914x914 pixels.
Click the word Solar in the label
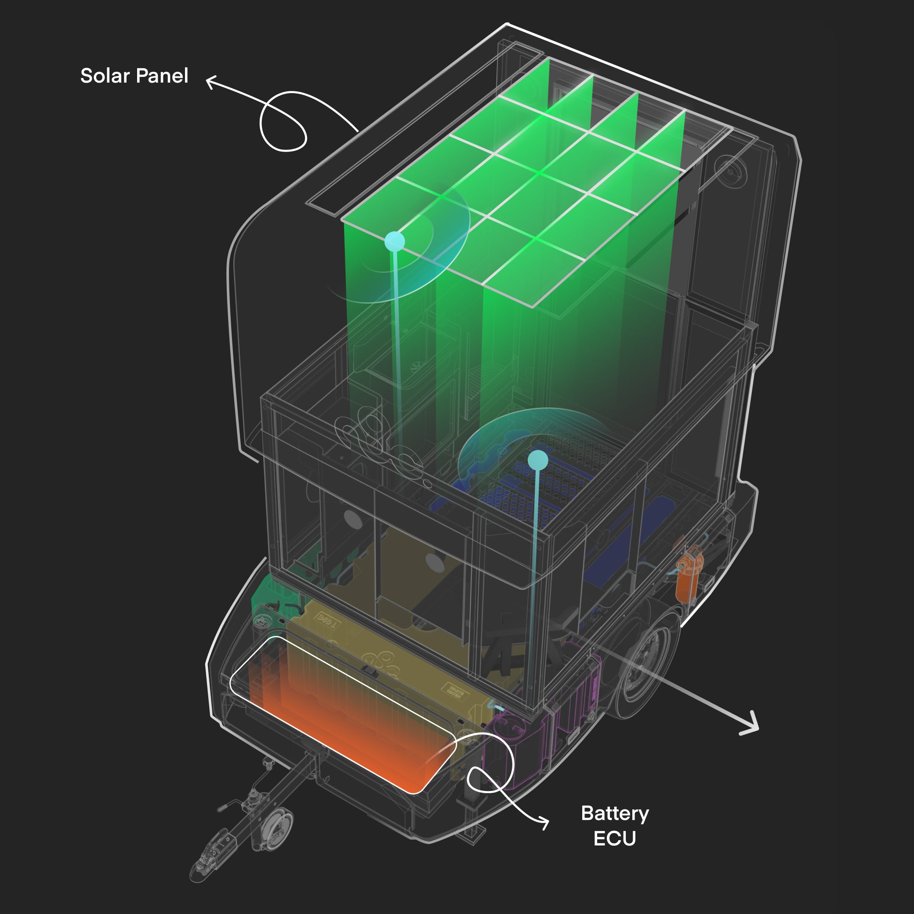(x=105, y=76)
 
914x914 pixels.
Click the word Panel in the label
(x=162, y=76)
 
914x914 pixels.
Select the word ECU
(x=615, y=839)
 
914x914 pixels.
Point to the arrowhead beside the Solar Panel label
(x=210, y=82)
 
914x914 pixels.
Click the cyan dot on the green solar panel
(x=395, y=241)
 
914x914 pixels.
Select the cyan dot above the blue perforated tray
(x=538, y=460)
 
